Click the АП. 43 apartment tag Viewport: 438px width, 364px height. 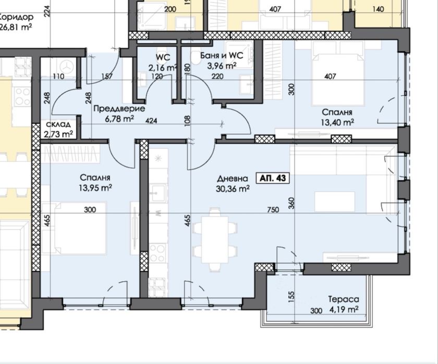pos(273,178)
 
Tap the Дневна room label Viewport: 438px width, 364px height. pos(233,179)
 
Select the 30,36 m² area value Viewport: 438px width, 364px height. pos(233,189)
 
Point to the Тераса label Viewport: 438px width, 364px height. pos(344,299)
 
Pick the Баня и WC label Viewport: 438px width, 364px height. pos(222,56)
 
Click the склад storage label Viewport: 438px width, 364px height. pos(58,124)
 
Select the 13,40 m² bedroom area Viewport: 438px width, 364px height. pos(337,122)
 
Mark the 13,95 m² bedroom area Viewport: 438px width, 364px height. pos(95,188)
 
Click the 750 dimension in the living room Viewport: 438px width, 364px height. pos(273,209)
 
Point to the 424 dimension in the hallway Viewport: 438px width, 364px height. pos(151,120)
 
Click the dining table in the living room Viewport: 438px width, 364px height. pos(215,240)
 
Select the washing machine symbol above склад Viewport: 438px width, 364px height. pos(67,67)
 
